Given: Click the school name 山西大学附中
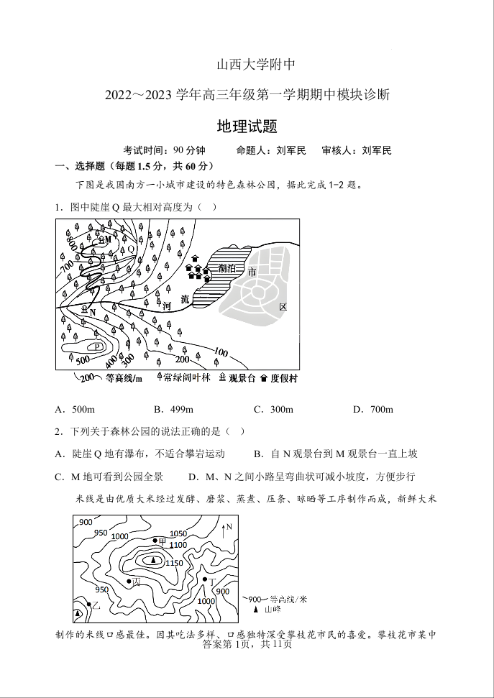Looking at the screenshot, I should [247, 65].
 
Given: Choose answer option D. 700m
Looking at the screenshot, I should [372, 410].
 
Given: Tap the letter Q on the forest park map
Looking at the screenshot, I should [132, 249].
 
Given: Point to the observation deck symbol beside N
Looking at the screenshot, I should [84, 310].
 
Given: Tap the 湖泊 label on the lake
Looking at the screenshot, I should [226, 267].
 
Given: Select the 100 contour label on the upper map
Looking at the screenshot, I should [220, 352].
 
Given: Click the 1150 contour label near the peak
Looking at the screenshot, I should [174, 563].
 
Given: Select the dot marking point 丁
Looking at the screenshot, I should [203, 579].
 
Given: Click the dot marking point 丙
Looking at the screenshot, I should [129, 580].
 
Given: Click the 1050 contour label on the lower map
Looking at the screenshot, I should [178, 534].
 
